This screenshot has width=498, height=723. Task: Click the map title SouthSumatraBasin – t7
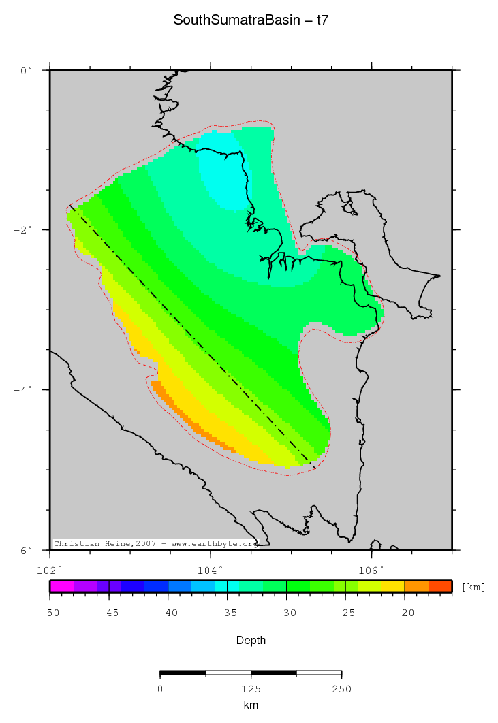click(251, 20)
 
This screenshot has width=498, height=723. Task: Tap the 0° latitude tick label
click(26, 70)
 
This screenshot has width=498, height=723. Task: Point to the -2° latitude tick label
click(24, 230)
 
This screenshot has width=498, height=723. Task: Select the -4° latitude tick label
click(24, 390)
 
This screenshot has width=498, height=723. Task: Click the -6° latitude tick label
click(24, 550)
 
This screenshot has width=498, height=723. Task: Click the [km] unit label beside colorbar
click(473, 587)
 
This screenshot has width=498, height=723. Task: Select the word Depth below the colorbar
click(251, 641)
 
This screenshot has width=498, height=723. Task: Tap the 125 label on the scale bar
click(251, 689)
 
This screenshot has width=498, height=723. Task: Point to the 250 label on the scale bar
click(341, 689)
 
